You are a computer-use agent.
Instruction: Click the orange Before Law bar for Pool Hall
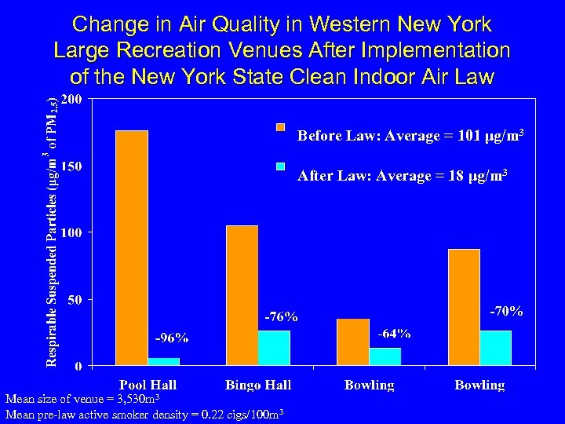pyautogui.click(x=131, y=247)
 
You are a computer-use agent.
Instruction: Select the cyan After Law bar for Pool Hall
pyautogui.click(x=163, y=361)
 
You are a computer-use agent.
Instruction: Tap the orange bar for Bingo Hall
pyautogui.click(x=242, y=295)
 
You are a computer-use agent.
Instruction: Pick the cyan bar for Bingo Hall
pyautogui.click(x=274, y=348)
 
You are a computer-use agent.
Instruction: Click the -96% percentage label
pyautogui.click(x=170, y=338)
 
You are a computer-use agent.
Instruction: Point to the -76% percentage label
pyautogui.click(x=280, y=317)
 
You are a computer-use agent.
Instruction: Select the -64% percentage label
pyautogui.click(x=394, y=334)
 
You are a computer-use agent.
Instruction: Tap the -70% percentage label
pyautogui.click(x=506, y=311)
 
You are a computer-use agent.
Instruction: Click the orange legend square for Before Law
pyautogui.click(x=282, y=127)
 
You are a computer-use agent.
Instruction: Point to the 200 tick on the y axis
pyautogui.click(x=71, y=101)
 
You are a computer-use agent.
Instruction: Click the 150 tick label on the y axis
pyautogui.click(x=71, y=166)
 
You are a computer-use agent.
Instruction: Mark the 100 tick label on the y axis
pyautogui.click(x=71, y=232)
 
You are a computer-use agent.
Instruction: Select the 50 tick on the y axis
pyautogui.click(x=75, y=299)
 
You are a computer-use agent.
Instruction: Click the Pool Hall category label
pyautogui.click(x=148, y=385)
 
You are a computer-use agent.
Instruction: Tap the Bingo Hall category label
pyautogui.click(x=258, y=385)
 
